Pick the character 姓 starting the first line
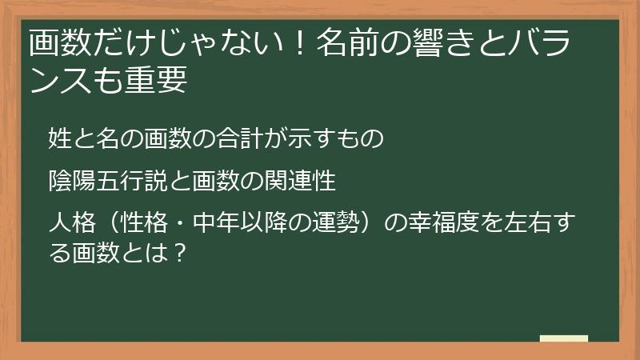tap(58, 138)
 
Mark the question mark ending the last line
tap(181, 255)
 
